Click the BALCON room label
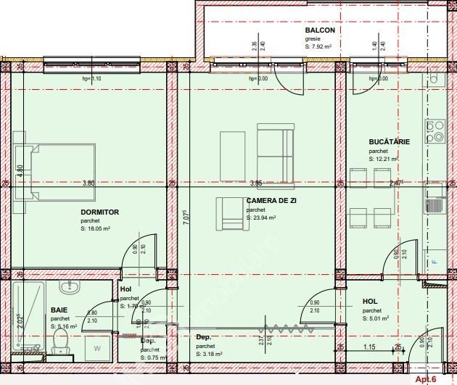coord(320,31)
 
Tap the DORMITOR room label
coord(99,212)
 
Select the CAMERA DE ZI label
coord(271,201)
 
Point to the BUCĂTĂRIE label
coord(389,142)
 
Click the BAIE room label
coord(59,310)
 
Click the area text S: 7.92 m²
coord(318,46)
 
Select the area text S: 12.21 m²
coord(384,158)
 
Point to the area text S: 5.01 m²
coord(376,318)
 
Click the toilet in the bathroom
coord(61,349)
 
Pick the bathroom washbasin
coord(73,289)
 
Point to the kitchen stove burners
coord(435,131)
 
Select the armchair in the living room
coord(231,212)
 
